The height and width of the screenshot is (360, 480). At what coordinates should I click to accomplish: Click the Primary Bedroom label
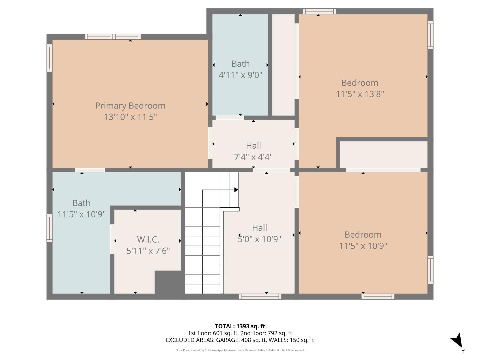pyautogui.click(x=130, y=106)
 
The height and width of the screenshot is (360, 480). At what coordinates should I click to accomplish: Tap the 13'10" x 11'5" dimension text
pyautogui.click(x=130, y=117)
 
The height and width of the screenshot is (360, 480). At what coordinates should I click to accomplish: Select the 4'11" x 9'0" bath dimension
pyautogui.click(x=240, y=75)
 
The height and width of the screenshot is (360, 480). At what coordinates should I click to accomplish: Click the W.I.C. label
pyautogui.click(x=148, y=239)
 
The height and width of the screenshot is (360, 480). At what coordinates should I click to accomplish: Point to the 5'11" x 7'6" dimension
pyautogui.click(x=148, y=251)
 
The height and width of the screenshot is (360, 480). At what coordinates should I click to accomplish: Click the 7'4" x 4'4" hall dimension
pyautogui.click(x=253, y=157)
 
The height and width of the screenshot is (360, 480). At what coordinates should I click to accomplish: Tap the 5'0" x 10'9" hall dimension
pyautogui.click(x=259, y=239)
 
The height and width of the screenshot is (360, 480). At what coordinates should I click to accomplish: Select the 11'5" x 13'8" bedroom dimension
pyautogui.click(x=360, y=94)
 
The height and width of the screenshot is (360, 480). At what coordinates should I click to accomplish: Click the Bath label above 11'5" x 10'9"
pyautogui.click(x=81, y=203)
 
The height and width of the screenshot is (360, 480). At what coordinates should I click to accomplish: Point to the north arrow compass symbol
pyautogui.click(x=457, y=341)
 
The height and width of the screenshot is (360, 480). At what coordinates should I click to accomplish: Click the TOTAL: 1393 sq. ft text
pyautogui.click(x=240, y=326)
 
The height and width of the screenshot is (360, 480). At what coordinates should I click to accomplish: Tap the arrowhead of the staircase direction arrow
pyautogui.click(x=236, y=190)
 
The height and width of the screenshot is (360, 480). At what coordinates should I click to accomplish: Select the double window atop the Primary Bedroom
pyautogui.click(x=112, y=37)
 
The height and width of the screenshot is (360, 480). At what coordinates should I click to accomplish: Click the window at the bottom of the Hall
pyautogui.click(x=260, y=297)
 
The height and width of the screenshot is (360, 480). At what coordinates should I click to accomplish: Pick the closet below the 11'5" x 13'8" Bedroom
pyautogui.click(x=383, y=155)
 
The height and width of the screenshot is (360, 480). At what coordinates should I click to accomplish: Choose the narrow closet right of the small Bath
pyautogui.click(x=283, y=65)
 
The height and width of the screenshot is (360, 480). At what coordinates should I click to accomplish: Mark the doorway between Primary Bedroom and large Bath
pyautogui.click(x=90, y=170)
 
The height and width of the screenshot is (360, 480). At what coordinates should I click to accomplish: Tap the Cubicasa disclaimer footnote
pyautogui.click(x=240, y=350)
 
